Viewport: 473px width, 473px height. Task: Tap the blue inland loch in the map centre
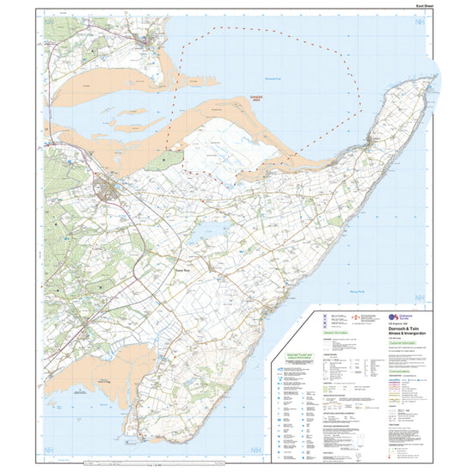coord(209,230)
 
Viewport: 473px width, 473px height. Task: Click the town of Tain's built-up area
coord(109,187)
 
